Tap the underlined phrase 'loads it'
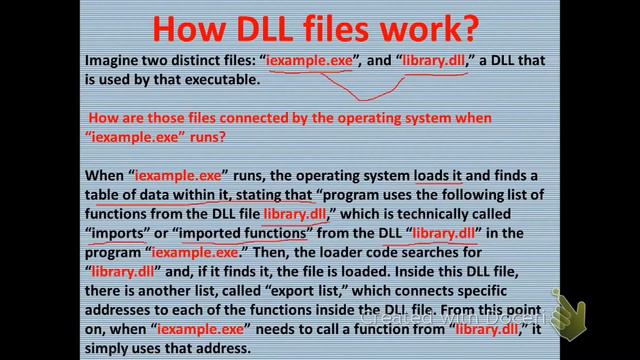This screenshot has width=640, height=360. pos(434,178)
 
